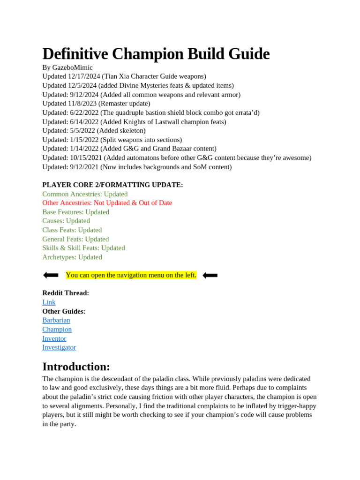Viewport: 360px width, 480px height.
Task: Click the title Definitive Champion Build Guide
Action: (x=156, y=54)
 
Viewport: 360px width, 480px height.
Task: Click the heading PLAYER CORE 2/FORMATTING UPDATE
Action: (x=112, y=185)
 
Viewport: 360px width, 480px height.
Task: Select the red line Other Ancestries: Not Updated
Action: (x=107, y=203)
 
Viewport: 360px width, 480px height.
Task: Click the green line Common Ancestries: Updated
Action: (x=85, y=194)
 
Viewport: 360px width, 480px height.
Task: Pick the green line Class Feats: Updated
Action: (x=72, y=230)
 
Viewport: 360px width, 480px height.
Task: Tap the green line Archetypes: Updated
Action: (x=72, y=257)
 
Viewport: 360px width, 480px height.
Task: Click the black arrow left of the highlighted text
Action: (x=51, y=275)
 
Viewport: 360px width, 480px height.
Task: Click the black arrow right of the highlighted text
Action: (x=210, y=275)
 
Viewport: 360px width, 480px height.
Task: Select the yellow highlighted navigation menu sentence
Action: (x=131, y=275)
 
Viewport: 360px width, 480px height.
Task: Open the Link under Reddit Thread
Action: (x=49, y=302)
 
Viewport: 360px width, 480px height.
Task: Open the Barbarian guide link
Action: (x=56, y=320)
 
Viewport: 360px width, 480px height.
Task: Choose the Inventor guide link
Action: (x=54, y=338)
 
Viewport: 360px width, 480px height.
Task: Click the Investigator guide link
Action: (x=59, y=347)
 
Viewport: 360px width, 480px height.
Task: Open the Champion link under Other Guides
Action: (x=57, y=330)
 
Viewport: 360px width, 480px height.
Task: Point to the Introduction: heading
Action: (x=76, y=367)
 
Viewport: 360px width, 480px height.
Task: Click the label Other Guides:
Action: (x=64, y=311)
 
